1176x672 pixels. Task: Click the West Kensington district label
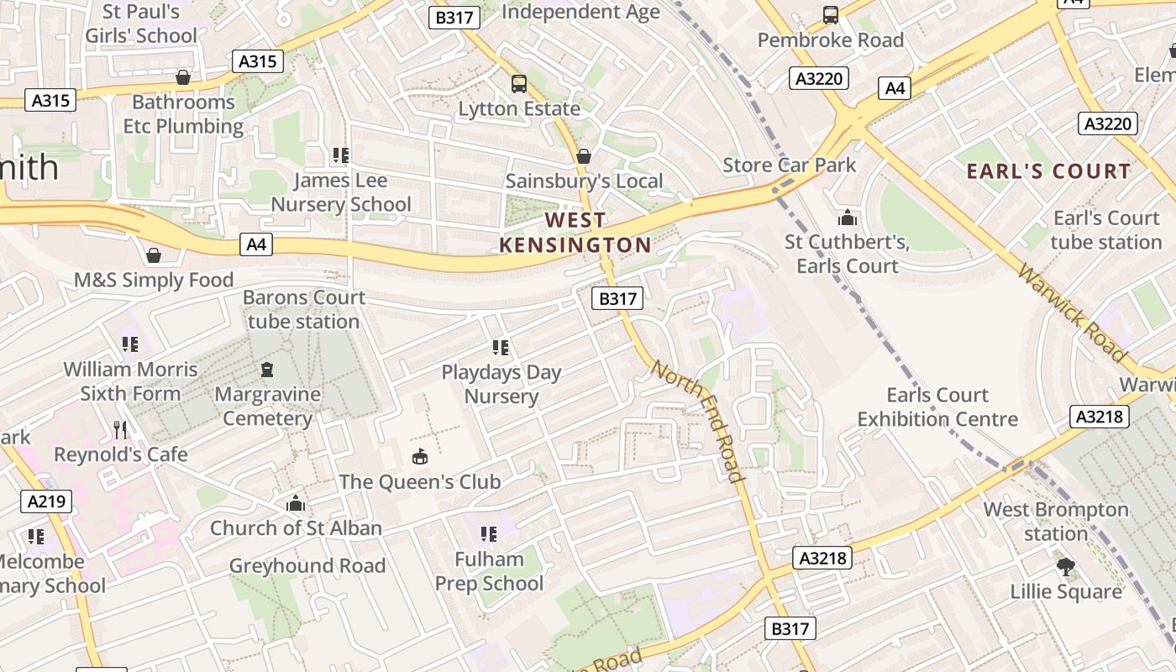575,233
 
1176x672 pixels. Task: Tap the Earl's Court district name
1048,171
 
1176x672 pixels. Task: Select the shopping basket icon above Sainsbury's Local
584,156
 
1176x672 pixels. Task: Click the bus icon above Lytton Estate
519,84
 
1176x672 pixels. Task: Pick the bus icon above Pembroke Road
830,15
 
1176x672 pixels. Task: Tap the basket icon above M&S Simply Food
153,255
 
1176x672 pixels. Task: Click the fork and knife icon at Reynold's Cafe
120,430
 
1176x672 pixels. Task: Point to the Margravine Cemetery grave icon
267,370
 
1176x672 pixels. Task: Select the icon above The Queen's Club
419,456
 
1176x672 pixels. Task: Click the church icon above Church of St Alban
295,503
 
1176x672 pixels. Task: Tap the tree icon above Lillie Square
1066,567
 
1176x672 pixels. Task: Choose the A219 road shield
46,501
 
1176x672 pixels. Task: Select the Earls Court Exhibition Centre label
937,407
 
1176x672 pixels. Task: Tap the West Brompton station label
1056,522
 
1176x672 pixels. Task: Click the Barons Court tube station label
304,309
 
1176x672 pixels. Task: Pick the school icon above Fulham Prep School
489,533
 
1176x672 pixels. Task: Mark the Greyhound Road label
307,565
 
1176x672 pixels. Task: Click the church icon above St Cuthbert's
848,218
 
